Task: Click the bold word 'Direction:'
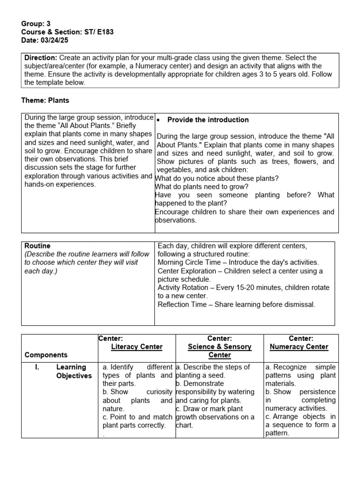40,57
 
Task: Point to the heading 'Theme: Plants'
45,100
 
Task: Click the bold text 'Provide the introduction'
208,120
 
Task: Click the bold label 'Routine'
37,246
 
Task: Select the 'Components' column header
46,355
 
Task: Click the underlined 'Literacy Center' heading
136,347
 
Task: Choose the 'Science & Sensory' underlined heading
219,347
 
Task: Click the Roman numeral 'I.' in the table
37,367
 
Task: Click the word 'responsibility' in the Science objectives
199,392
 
